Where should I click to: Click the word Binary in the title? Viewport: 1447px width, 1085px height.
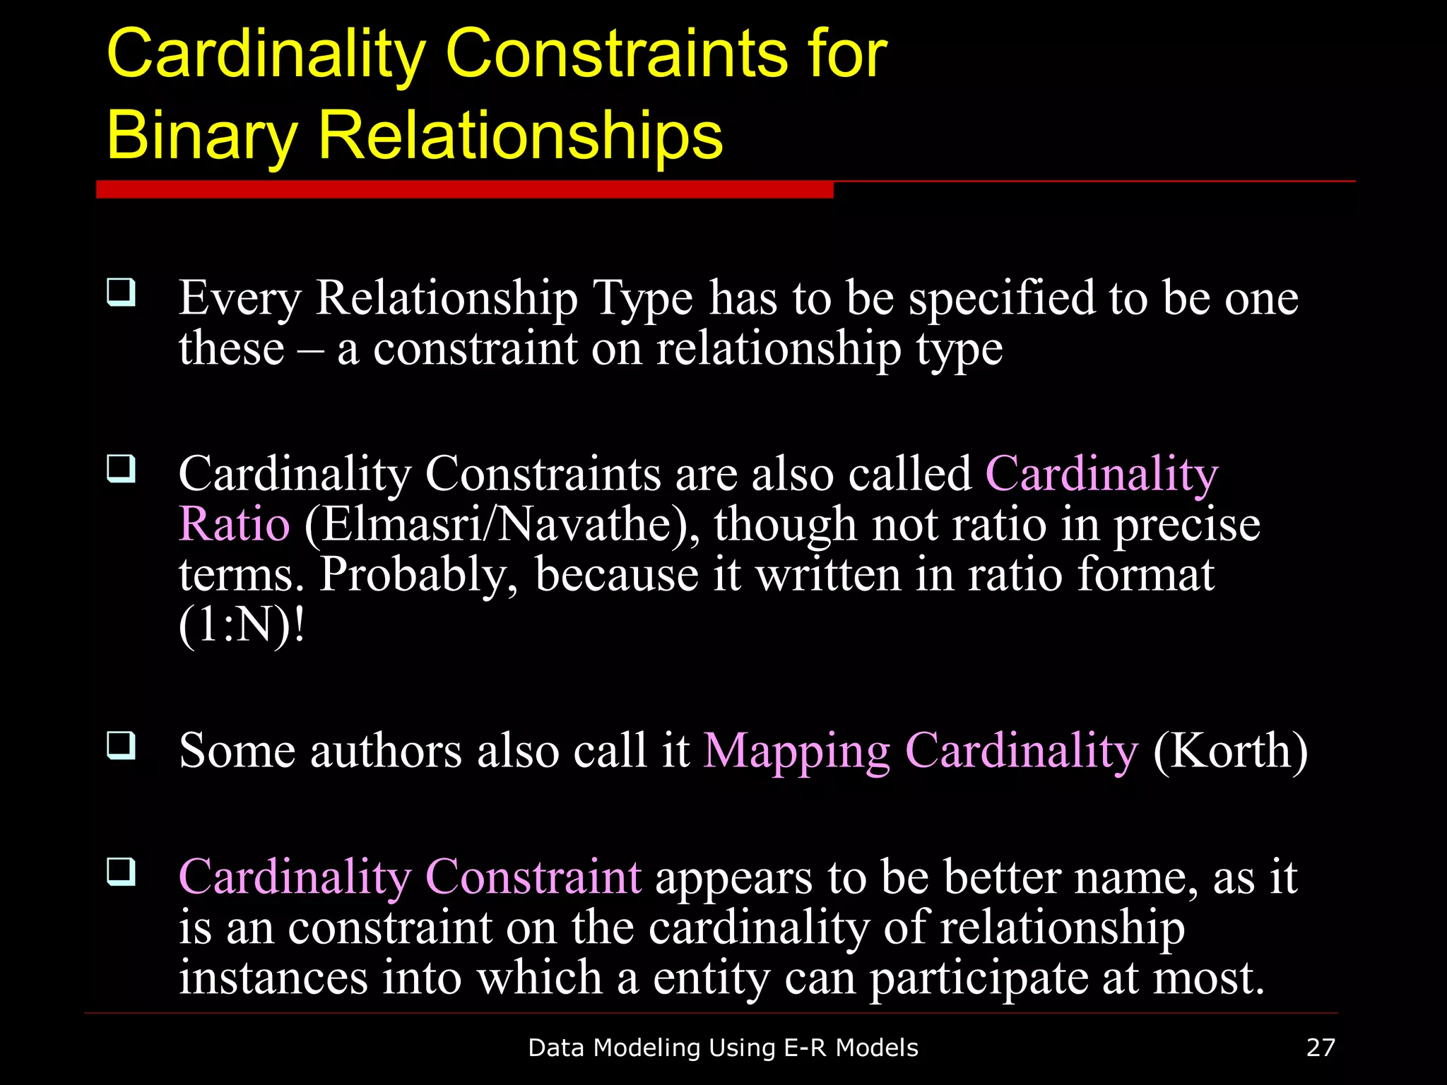202,136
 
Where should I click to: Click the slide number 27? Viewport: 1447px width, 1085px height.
1321,1047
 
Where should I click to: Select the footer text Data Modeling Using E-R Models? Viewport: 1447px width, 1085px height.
723,1048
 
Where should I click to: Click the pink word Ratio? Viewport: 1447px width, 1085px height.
234,525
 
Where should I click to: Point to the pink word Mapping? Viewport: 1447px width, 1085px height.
796,752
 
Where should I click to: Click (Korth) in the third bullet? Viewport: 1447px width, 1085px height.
1230,750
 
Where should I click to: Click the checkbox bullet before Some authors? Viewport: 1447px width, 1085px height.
122,745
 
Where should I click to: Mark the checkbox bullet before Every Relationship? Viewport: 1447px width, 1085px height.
122,292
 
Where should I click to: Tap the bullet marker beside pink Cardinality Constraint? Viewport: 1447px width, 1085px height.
122,872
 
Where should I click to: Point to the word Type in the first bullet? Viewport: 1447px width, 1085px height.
642,299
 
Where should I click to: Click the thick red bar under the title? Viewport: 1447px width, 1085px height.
464,189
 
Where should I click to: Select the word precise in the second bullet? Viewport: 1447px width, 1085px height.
1187,525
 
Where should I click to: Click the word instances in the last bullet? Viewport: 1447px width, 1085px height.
273,978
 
